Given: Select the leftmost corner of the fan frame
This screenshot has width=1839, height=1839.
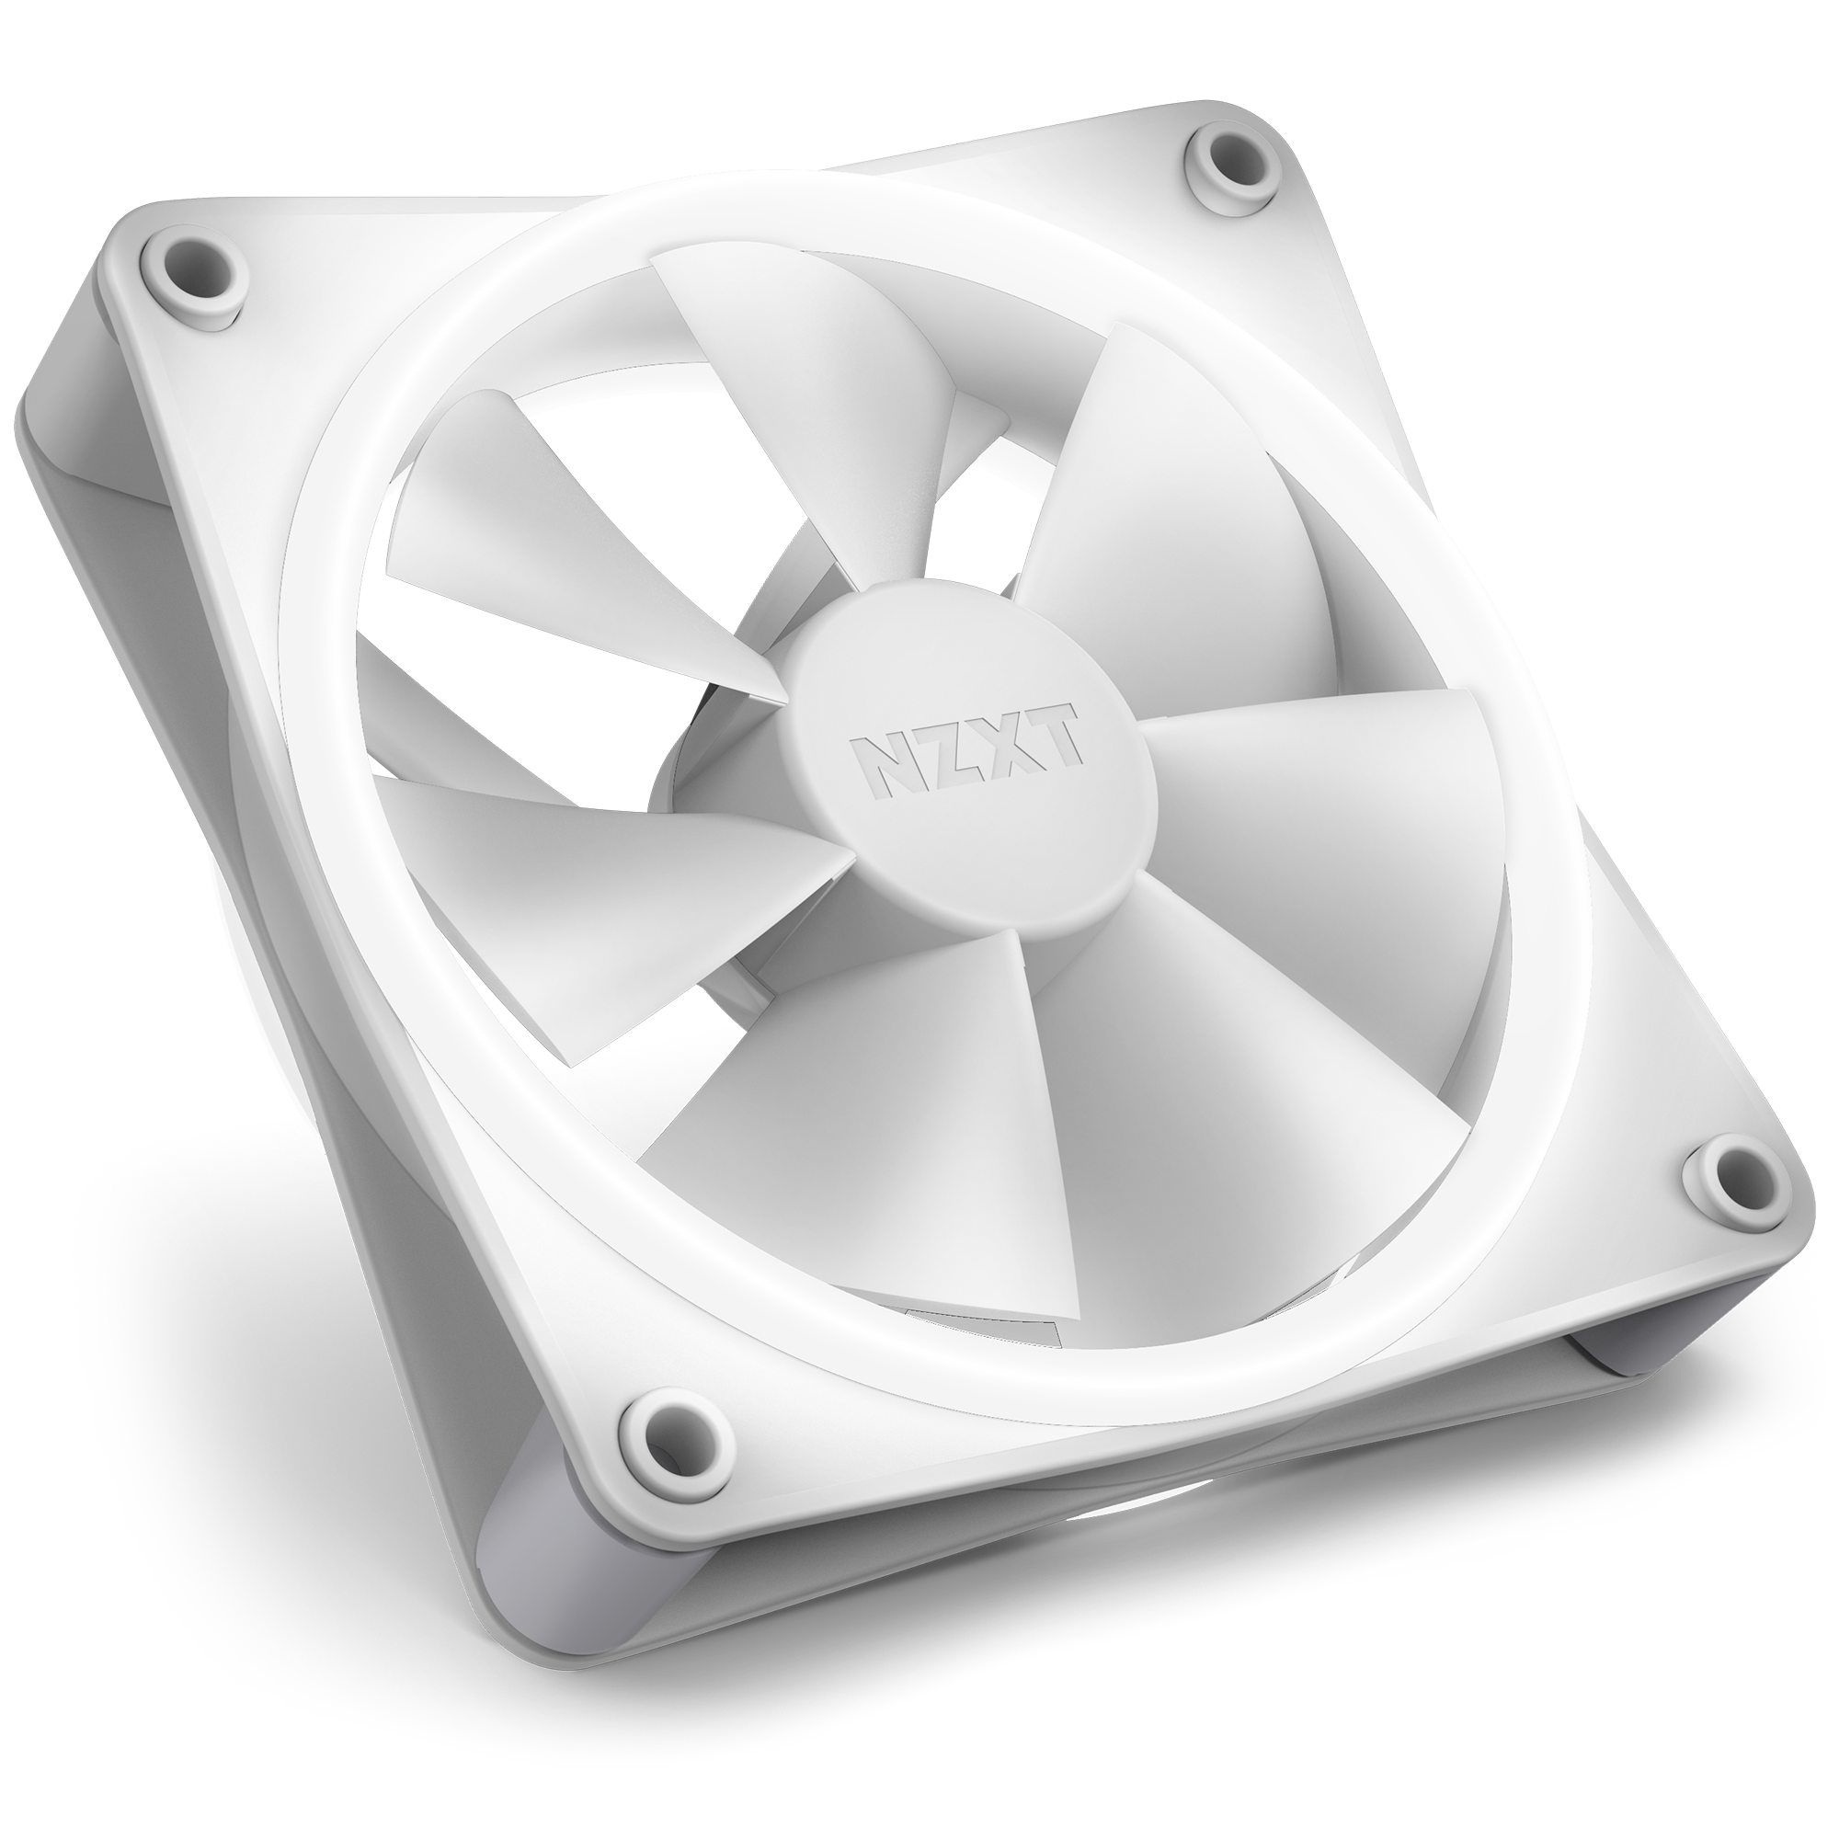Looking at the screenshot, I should pyautogui.click(x=24, y=418).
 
